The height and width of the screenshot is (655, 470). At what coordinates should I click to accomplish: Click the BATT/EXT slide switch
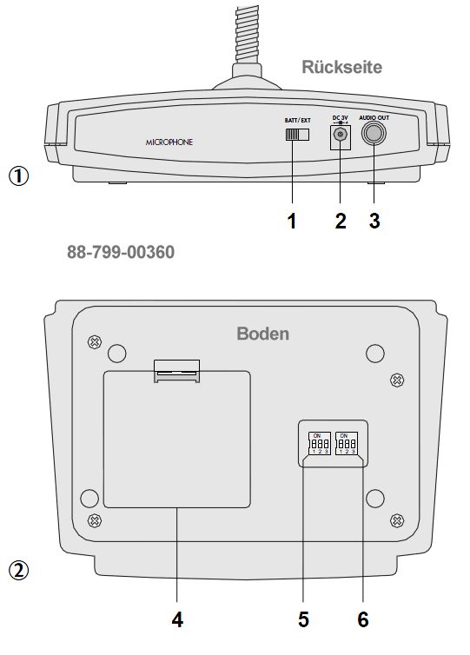[x=297, y=135]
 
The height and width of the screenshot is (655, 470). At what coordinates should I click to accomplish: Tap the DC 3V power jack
[x=341, y=136]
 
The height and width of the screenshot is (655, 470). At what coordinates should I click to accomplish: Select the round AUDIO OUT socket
[x=374, y=134]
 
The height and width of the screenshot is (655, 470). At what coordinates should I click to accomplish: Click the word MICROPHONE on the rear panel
[x=169, y=142]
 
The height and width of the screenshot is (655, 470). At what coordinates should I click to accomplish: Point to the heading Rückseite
[x=341, y=67]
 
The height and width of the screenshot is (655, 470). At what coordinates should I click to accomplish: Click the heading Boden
[x=262, y=334]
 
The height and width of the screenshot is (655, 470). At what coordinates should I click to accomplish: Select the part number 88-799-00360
[x=121, y=252]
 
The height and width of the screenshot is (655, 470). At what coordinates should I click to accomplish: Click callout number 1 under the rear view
[x=292, y=221]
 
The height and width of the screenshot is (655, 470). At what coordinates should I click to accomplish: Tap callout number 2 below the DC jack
[x=341, y=221]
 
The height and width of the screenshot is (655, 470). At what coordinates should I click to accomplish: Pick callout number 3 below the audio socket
[x=374, y=221]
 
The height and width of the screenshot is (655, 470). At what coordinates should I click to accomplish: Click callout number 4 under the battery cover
[x=177, y=619]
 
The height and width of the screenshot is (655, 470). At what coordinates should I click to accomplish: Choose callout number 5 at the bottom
[x=303, y=619]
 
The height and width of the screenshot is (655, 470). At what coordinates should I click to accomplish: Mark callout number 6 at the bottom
[x=363, y=619]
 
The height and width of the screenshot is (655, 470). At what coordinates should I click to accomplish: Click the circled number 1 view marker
[x=19, y=175]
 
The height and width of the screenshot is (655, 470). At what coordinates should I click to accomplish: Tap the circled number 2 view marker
[x=19, y=571]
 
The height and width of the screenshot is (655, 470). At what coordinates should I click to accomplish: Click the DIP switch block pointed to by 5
[x=320, y=443]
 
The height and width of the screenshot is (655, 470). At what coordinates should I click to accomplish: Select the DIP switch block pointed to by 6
[x=347, y=443]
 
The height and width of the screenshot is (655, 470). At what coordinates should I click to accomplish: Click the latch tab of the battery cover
[x=177, y=371]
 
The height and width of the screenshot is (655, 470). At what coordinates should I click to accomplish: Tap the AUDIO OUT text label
[x=374, y=118]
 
